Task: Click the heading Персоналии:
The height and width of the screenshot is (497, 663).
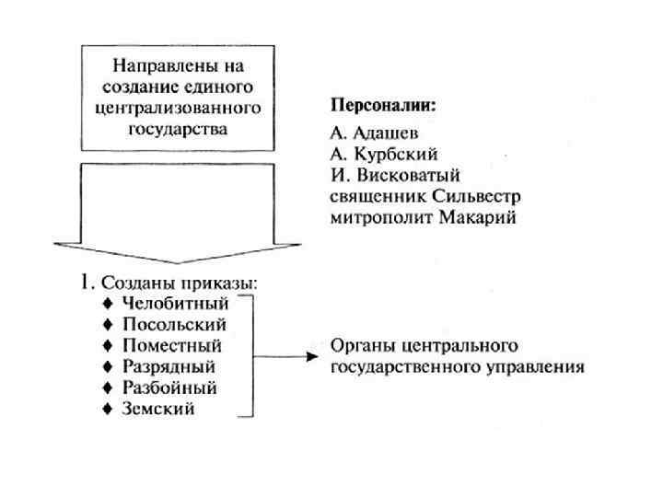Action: [x=384, y=105]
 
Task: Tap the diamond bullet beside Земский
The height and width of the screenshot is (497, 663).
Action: [x=110, y=409]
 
